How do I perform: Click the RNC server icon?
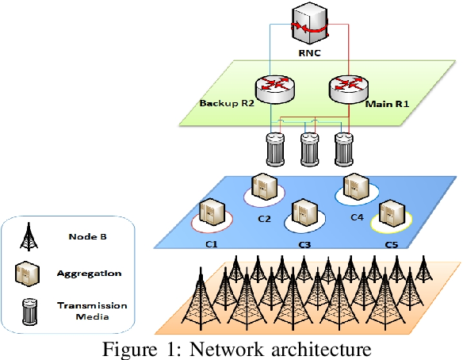(x=309, y=23)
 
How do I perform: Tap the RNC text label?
(x=309, y=53)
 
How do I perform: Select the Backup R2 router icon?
(x=274, y=89)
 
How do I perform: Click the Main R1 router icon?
(x=349, y=89)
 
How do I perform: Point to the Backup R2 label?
(x=227, y=103)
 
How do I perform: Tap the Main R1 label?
(x=388, y=104)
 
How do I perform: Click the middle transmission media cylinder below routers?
(x=309, y=149)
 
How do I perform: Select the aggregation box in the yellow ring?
(x=392, y=213)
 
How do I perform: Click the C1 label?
(x=212, y=244)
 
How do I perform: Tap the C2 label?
(x=264, y=219)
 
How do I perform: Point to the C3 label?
(x=304, y=245)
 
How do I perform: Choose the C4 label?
(x=357, y=217)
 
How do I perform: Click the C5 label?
(x=392, y=245)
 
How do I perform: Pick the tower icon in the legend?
(x=29, y=236)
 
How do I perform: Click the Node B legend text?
(x=87, y=236)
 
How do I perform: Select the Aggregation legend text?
(x=89, y=274)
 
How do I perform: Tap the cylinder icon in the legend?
(x=30, y=312)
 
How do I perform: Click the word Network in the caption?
(x=226, y=350)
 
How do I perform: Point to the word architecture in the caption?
(x=321, y=350)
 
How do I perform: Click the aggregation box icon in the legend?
(x=27, y=274)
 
